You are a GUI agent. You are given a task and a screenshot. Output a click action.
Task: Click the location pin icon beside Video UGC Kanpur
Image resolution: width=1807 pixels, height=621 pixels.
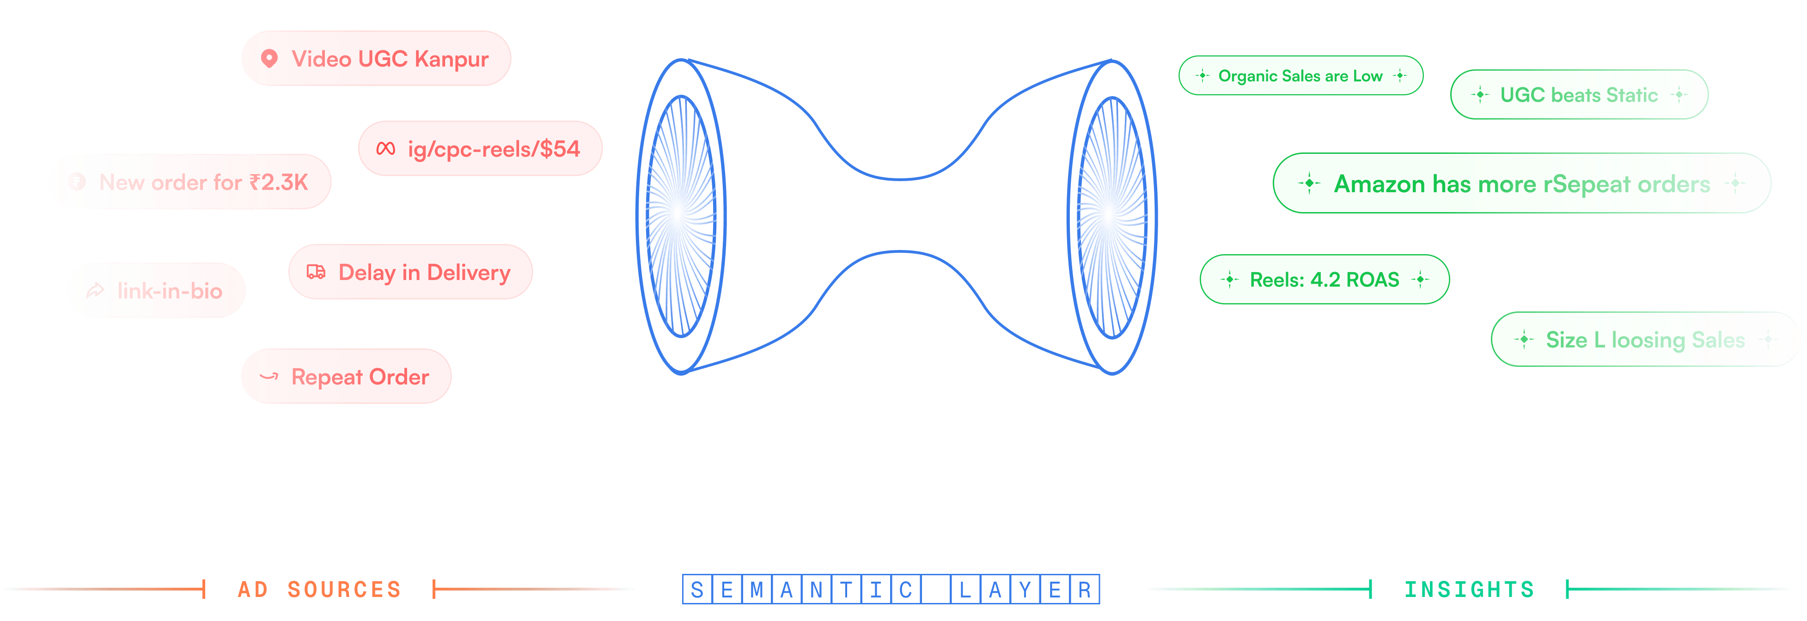(269, 58)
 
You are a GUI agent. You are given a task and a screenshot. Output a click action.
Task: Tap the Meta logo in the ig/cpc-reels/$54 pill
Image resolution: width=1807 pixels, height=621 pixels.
(386, 149)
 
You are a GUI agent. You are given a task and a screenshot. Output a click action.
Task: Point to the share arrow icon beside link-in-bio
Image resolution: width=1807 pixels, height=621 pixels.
(95, 291)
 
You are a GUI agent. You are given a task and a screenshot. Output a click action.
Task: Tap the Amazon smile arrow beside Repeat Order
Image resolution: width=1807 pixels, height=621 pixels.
(269, 377)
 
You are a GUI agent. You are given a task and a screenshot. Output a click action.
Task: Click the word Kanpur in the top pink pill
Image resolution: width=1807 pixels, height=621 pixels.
(451, 59)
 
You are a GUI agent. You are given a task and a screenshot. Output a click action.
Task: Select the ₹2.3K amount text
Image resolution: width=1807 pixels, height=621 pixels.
(279, 183)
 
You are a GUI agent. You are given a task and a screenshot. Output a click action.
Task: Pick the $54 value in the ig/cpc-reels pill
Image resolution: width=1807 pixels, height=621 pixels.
(559, 149)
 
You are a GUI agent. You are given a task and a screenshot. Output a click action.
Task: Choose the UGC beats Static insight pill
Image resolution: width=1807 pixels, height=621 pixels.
(1578, 95)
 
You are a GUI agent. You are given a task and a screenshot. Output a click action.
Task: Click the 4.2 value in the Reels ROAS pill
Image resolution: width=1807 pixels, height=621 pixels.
(1325, 280)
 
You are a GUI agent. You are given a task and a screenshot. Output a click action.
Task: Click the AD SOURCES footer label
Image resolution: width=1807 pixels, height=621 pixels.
(319, 590)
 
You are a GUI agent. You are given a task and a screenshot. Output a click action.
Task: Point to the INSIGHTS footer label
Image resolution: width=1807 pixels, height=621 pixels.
(1469, 590)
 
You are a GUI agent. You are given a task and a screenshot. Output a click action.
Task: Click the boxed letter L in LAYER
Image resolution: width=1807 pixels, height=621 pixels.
(965, 590)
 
